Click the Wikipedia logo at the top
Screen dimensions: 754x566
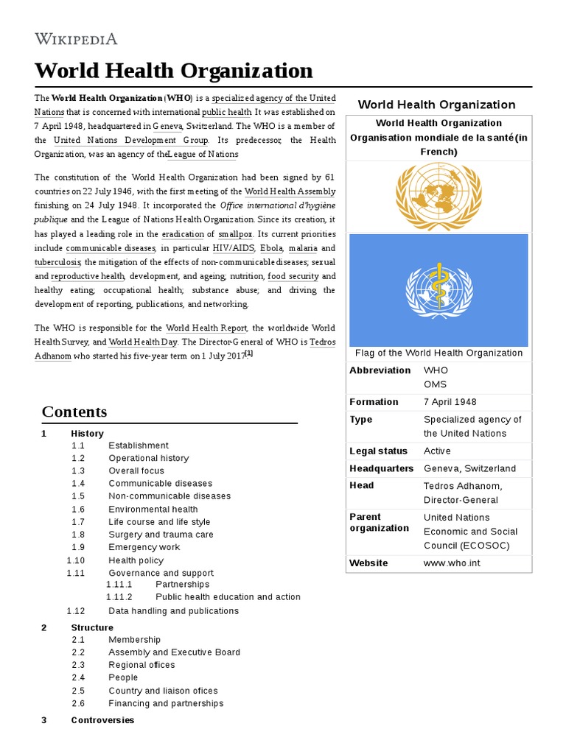(x=76, y=38)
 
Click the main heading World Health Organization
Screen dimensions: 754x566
(x=174, y=71)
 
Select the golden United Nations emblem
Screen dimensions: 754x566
(x=438, y=196)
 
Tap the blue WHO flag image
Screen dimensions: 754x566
(x=438, y=289)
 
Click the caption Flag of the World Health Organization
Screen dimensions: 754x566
(x=439, y=353)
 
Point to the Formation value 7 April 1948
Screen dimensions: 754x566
(x=450, y=402)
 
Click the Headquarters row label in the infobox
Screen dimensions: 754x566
(x=381, y=468)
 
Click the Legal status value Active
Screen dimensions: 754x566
(x=437, y=451)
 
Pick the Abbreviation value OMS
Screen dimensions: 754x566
(x=435, y=384)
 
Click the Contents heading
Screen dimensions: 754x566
(x=74, y=412)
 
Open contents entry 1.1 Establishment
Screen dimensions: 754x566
(x=139, y=445)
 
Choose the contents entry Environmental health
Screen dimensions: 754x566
(x=153, y=509)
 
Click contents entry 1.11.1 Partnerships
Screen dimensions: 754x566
(x=182, y=585)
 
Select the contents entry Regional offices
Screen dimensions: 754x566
(x=141, y=665)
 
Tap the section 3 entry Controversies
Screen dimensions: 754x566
(x=102, y=720)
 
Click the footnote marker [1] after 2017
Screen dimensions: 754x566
(x=248, y=354)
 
